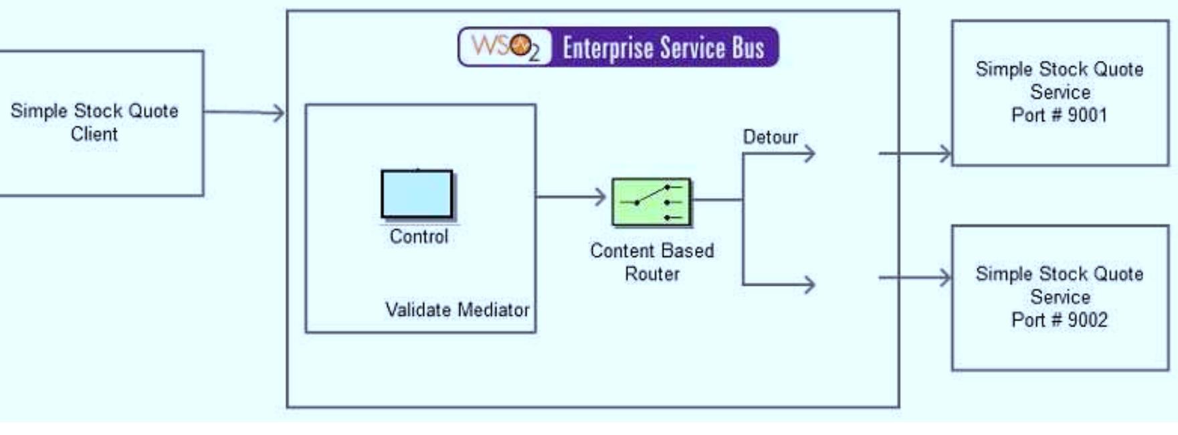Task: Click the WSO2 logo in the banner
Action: point(505,47)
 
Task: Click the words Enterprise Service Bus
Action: point(663,48)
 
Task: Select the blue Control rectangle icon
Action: point(417,194)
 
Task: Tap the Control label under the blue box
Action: point(419,236)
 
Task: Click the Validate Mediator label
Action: point(457,310)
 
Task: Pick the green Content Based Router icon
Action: point(652,201)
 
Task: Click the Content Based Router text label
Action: point(652,262)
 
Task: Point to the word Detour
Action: point(770,137)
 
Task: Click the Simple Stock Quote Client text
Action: point(94,122)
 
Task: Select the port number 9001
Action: point(1087,115)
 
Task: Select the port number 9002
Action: point(1087,320)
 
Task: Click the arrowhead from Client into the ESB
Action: point(278,112)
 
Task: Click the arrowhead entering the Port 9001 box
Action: point(945,153)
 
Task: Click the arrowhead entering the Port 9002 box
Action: point(945,277)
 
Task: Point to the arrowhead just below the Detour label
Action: point(809,154)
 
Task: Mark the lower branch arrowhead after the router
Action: point(809,284)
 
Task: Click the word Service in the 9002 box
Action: point(1060,296)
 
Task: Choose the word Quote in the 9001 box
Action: point(1117,69)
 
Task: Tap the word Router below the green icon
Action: point(652,274)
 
